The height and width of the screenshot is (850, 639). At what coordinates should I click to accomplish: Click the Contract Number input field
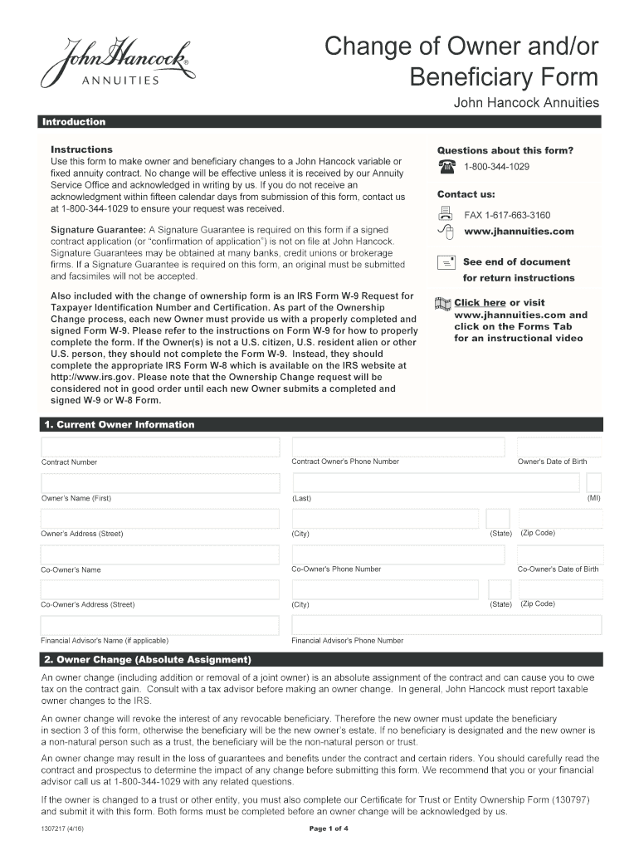(160, 447)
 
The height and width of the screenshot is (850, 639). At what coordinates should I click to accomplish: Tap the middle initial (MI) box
(593, 483)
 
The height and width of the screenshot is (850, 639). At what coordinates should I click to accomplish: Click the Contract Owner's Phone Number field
(397, 447)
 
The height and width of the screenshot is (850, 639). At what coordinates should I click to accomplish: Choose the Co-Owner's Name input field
(160, 555)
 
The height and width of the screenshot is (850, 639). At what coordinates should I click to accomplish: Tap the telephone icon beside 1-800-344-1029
(446, 167)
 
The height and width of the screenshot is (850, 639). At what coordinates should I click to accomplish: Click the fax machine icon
(446, 214)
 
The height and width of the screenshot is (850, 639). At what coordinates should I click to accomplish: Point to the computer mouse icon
(446, 232)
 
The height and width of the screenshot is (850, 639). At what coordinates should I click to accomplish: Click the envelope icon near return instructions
(446, 262)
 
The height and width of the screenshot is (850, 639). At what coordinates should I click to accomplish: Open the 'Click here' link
(480, 303)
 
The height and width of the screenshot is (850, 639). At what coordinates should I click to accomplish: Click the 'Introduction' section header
(75, 122)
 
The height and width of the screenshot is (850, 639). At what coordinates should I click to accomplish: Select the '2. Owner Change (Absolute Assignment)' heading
(147, 660)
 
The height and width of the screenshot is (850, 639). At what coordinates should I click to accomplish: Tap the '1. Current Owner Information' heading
(119, 424)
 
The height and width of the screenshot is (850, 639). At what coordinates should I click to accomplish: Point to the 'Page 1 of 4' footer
(329, 829)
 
